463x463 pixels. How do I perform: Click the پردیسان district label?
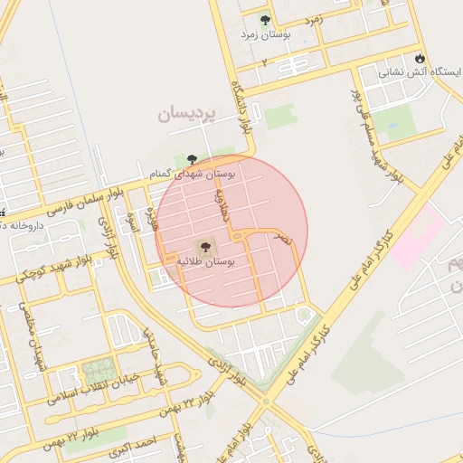coord(187,114)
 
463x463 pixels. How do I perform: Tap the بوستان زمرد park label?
coord(264,34)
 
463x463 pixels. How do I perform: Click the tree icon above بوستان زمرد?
coord(265,19)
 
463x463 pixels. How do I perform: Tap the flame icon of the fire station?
coord(420,59)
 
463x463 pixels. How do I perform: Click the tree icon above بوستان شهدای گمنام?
coord(191,159)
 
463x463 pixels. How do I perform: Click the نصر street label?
coord(285,238)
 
